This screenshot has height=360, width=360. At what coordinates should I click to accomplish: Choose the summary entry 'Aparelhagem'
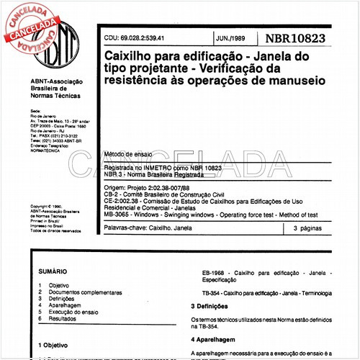click(x=64, y=305)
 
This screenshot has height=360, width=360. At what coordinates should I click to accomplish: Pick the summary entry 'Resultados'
click(x=63, y=318)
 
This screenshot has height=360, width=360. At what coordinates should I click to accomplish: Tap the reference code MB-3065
click(x=117, y=215)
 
